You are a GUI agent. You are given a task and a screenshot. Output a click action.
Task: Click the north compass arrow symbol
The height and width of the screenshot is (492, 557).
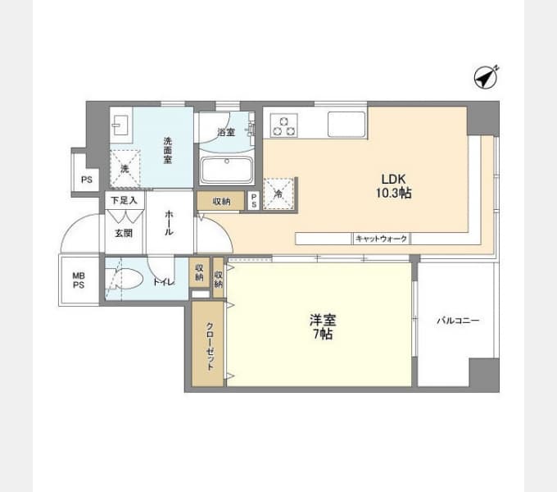(x=487, y=77)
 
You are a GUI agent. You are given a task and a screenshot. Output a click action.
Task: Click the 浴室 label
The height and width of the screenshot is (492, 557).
(x=226, y=131)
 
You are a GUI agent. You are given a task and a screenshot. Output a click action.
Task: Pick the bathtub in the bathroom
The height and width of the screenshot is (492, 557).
(x=226, y=171)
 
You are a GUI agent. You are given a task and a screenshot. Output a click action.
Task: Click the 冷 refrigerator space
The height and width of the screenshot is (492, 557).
(x=278, y=194)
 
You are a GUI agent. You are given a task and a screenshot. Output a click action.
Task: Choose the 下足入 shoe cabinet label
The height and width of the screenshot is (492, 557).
(x=125, y=199)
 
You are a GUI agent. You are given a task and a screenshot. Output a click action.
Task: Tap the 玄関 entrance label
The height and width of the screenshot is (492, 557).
(x=124, y=232)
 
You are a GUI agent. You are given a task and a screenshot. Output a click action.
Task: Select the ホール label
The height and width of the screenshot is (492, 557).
(x=169, y=222)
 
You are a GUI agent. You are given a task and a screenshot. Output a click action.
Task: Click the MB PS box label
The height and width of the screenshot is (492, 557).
(x=79, y=280)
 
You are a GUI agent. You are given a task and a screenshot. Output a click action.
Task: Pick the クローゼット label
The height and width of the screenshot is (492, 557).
(x=210, y=344)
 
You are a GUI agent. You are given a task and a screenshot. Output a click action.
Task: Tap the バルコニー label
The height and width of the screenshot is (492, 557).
(x=457, y=321)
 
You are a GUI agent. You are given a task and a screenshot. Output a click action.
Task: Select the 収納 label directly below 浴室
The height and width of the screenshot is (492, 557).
(x=221, y=201)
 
